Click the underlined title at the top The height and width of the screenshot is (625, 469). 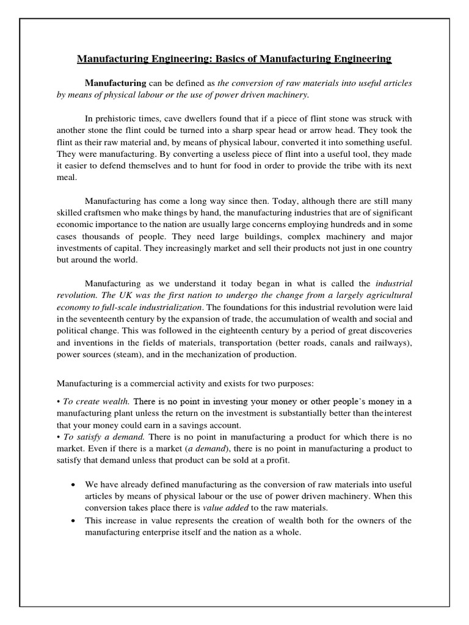[x=234, y=59]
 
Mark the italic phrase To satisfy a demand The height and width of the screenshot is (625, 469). [x=103, y=437]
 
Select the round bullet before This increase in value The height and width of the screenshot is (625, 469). [x=73, y=521]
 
